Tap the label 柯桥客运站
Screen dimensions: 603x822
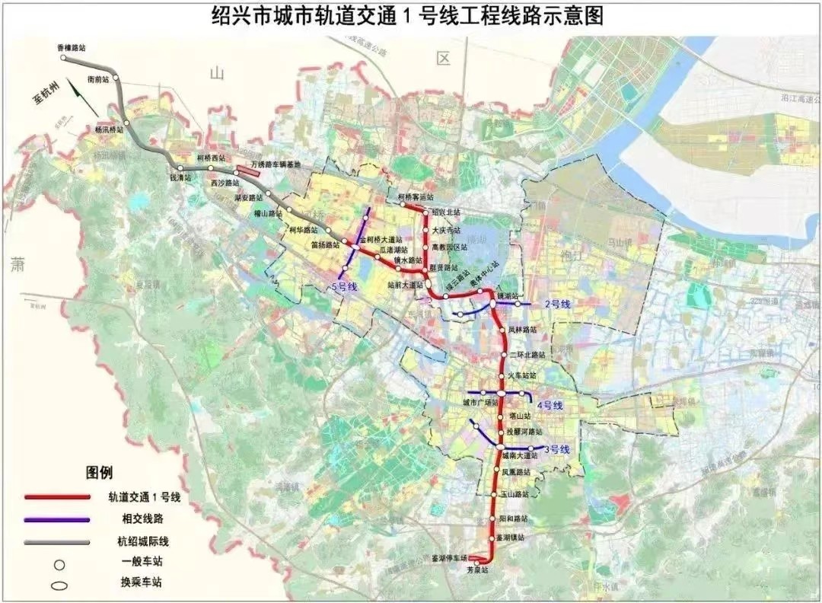pyautogui.click(x=416, y=196)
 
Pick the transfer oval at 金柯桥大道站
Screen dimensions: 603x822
pyautogui.click(x=355, y=245)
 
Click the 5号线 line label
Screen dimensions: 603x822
pyautogui.click(x=344, y=287)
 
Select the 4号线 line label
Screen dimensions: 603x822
pyautogui.click(x=549, y=405)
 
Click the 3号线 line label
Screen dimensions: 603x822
pyautogui.click(x=556, y=449)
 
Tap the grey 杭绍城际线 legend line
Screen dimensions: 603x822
pyautogui.click(x=57, y=541)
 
